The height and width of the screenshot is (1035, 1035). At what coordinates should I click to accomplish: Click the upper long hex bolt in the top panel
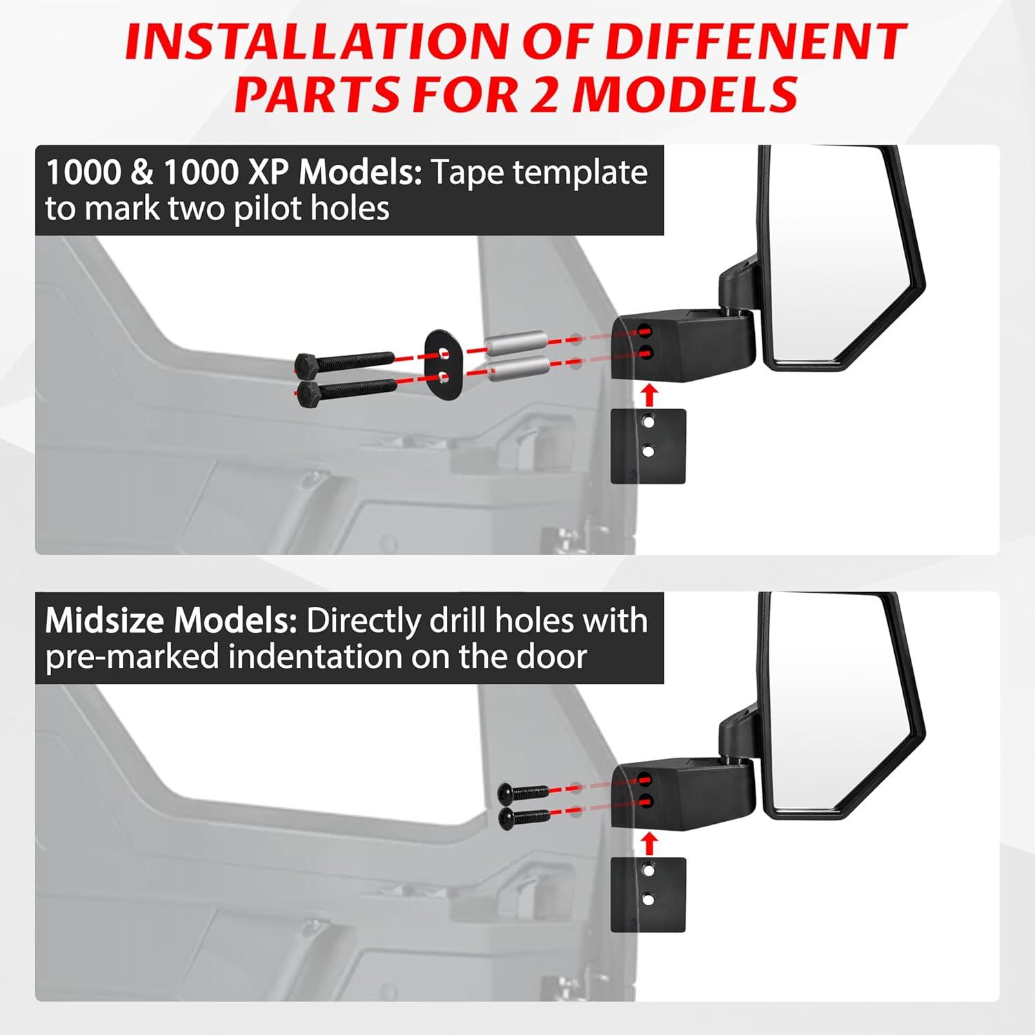[x=344, y=361]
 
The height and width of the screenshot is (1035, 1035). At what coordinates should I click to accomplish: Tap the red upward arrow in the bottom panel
[x=649, y=843]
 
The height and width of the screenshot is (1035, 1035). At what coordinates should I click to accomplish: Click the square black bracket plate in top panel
[x=649, y=446]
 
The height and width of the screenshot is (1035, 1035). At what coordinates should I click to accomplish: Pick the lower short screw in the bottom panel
[x=524, y=818]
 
